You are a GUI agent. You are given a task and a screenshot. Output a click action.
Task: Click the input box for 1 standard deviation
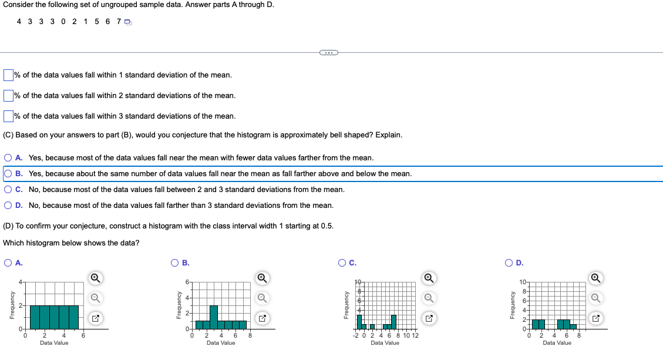pos(8,75)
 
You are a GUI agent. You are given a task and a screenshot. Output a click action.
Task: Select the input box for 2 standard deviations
pos(8,95)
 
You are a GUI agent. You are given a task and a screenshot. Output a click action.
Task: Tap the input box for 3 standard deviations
pos(8,116)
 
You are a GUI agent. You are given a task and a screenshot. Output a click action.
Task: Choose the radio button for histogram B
pos(174,263)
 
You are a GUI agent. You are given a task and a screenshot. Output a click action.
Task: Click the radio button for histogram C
pos(342,263)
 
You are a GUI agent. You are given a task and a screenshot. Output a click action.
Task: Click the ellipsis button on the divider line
pos(328,53)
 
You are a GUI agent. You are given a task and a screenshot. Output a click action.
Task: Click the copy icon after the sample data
pos(127,22)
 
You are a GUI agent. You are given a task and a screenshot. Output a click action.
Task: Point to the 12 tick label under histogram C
pos(415,336)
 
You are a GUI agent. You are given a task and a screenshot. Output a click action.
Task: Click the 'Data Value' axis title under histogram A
pos(54,343)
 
